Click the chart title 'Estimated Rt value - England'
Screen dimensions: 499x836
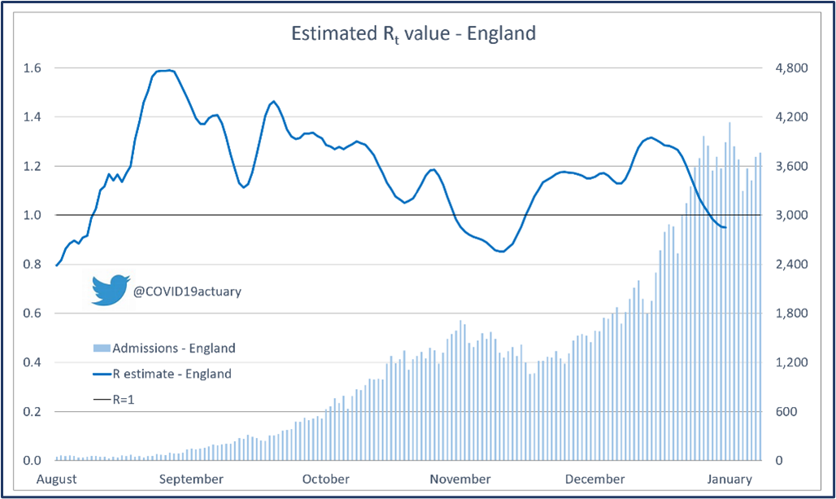point(413,34)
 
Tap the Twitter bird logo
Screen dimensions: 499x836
point(110,290)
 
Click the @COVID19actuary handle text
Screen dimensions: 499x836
point(186,291)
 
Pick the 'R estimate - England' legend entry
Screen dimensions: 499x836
point(162,374)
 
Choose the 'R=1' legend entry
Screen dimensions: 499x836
point(114,400)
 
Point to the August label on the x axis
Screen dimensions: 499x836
point(58,479)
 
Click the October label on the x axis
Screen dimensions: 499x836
point(325,479)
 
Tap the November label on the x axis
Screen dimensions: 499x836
point(460,479)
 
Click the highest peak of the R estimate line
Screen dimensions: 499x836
point(168,70)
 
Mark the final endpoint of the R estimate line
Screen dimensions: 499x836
point(725,228)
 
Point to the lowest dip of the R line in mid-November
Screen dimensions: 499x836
point(501,252)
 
